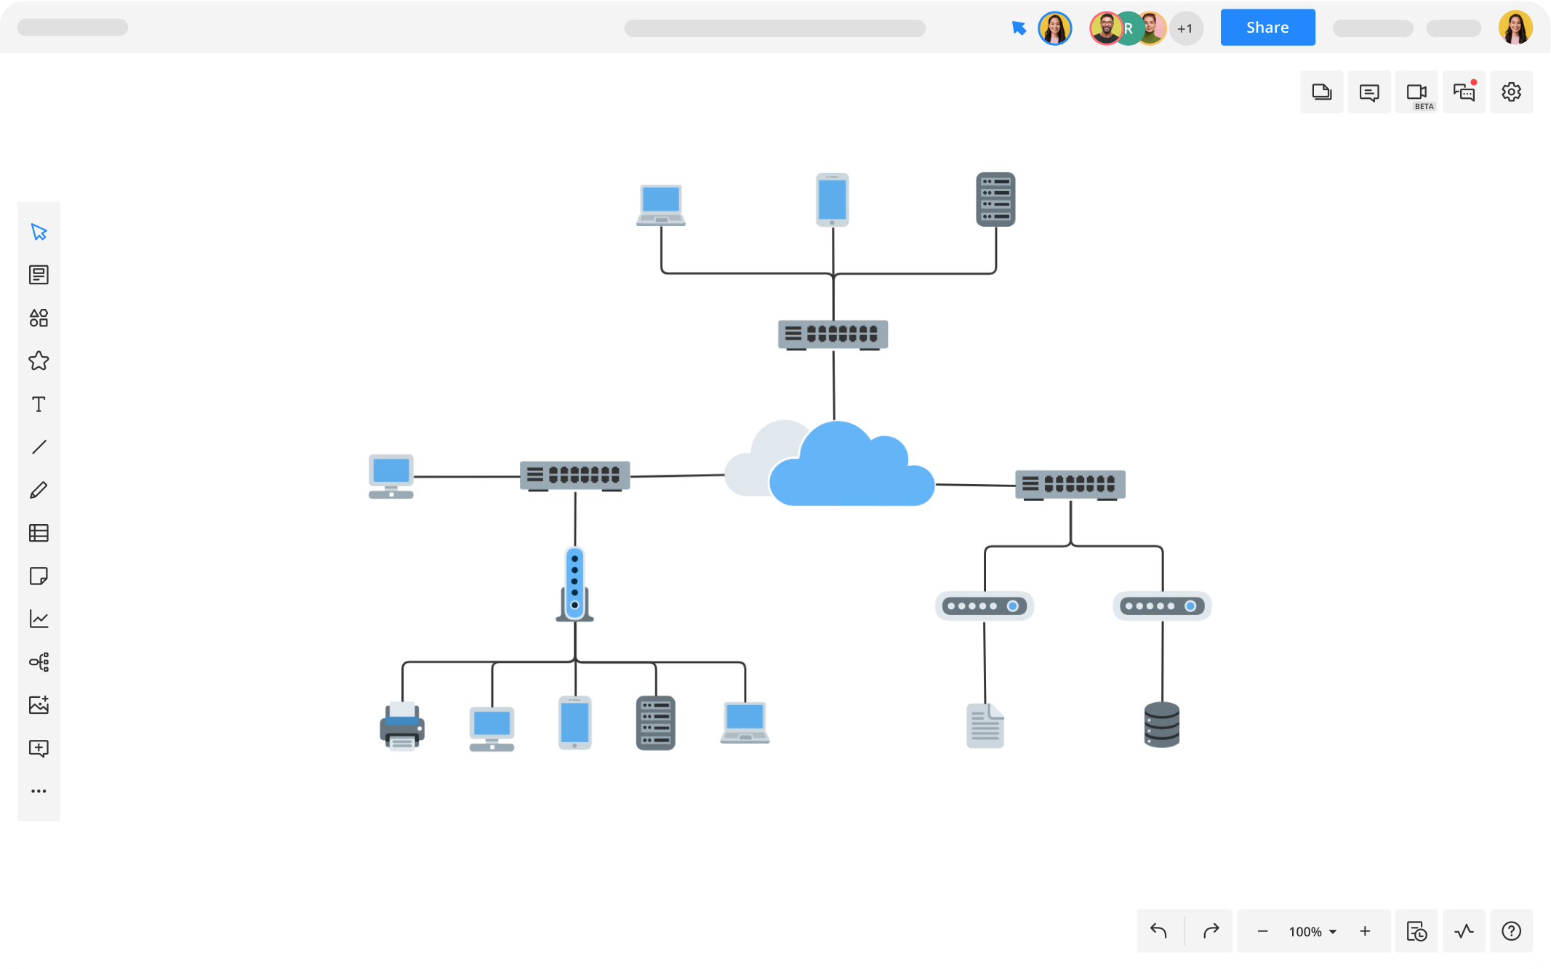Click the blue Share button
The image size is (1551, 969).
[1267, 28]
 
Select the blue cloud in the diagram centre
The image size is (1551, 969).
[851, 469]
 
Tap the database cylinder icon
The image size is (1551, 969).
[1161, 725]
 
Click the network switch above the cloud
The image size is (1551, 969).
[833, 334]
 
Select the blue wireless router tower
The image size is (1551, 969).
[574, 584]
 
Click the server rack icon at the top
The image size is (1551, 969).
[995, 199]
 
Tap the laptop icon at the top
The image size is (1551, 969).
[661, 204]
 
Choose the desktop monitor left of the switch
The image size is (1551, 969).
[391, 476]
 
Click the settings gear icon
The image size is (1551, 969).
[1511, 92]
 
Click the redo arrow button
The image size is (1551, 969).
[1211, 931]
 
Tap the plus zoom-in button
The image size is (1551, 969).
[1365, 931]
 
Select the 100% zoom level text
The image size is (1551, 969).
[1305, 932]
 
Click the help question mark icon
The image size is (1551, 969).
[1511, 931]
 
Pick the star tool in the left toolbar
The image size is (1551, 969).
[39, 361]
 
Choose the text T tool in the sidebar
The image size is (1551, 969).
[39, 404]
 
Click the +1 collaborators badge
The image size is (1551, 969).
[1185, 29]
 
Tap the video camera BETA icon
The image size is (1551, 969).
[1416, 92]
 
